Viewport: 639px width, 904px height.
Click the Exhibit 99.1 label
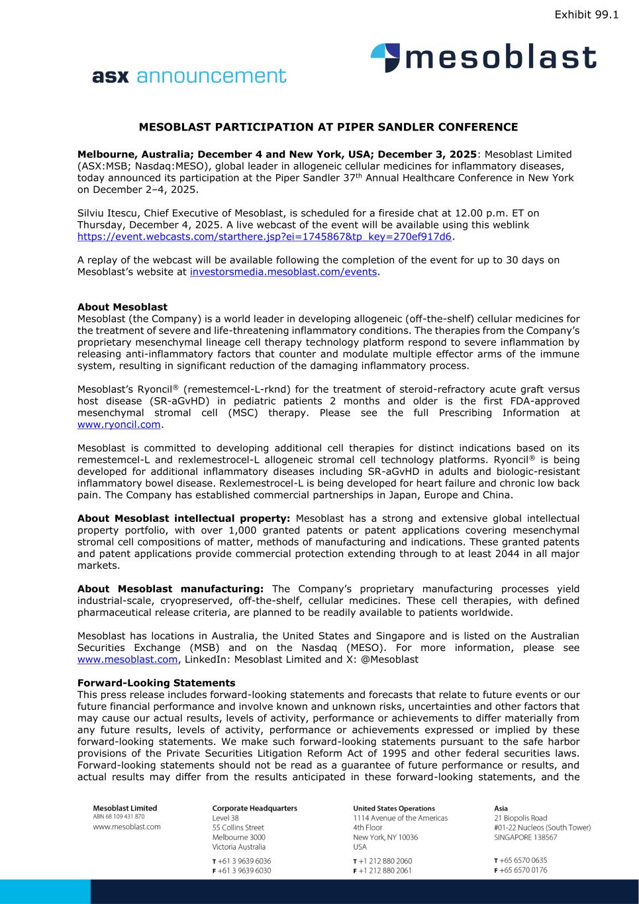click(x=586, y=14)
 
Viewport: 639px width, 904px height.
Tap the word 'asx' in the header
click(x=110, y=76)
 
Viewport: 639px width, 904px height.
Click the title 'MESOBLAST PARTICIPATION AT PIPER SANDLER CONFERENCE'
click(x=328, y=126)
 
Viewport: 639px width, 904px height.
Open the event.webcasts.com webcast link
click(x=265, y=236)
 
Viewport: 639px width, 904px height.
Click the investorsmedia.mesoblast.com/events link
click(x=283, y=272)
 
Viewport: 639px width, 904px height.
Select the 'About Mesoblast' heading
click(x=123, y=307)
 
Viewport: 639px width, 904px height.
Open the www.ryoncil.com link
click(x=119, y=425)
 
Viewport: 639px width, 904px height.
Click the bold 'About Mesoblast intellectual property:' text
click(x=184, y=518)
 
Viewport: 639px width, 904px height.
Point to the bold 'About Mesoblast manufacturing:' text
click(x=171, y=588)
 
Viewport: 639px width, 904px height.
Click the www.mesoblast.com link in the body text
click(x=128, y=659)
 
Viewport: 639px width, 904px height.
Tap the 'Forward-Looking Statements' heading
click(x=156, y=682)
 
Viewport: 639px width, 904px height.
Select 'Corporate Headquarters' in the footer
click(x=254, y=808)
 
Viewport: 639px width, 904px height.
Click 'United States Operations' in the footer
click(x=394, y=808)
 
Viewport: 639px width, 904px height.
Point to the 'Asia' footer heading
click(x=501, y=808)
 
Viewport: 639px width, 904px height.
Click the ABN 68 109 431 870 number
click(x=119, y=817)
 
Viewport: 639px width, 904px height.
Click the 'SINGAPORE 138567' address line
click(x=526, y=837)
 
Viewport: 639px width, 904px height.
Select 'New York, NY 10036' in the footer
click(x=385, y=837)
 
